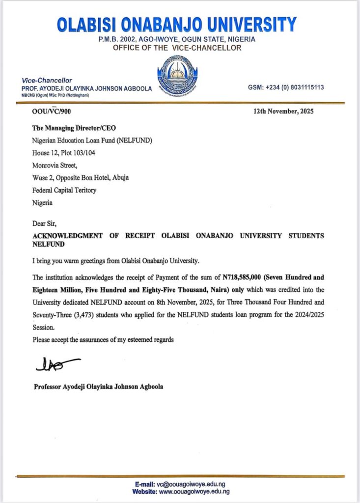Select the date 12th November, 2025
click(x=283, y=112)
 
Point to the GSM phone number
click(x=286, y=87)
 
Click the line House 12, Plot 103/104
click(x=64, y=153)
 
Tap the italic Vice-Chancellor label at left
click(x=47, y=80)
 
